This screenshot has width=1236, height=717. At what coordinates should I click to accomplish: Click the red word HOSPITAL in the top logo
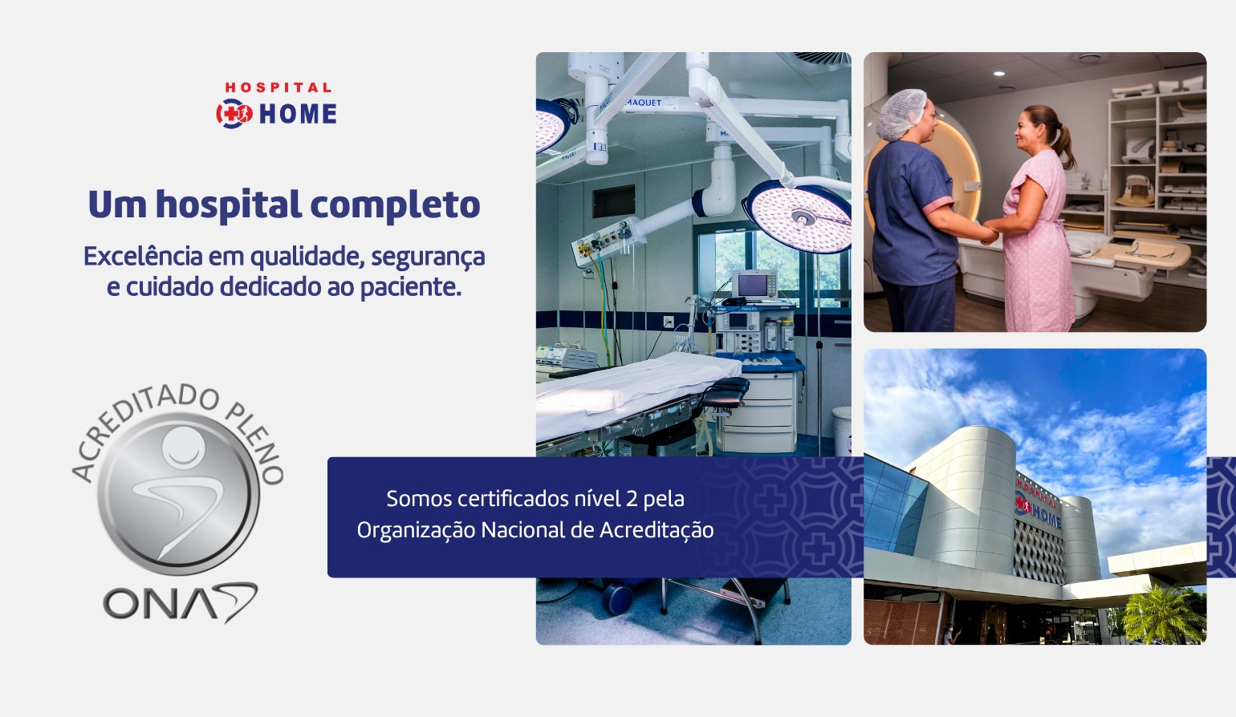pos(278,87)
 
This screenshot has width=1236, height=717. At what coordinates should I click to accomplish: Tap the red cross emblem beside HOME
pos(234,114)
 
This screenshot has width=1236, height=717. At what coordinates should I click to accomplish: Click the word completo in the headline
pos(395,205)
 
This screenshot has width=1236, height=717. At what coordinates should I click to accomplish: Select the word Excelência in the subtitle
pos(143,256)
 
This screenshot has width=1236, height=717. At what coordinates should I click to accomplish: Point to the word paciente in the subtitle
pos(411,288)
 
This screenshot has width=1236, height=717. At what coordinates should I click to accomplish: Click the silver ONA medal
pos(178,493)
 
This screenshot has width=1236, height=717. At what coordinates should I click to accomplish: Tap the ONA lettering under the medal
pos(180,602)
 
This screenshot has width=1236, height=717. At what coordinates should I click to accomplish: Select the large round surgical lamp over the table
pos(797,216)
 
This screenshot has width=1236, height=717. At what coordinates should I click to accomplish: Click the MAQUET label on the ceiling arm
pos(644,103)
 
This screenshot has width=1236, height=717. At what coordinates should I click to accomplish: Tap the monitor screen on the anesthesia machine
pos(752,286)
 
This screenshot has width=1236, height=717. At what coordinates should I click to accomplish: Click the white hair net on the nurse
pos(901,113)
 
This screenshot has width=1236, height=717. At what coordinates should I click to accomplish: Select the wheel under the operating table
pos(618,597)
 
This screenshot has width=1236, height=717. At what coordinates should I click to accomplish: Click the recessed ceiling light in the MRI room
pos(998,73)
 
